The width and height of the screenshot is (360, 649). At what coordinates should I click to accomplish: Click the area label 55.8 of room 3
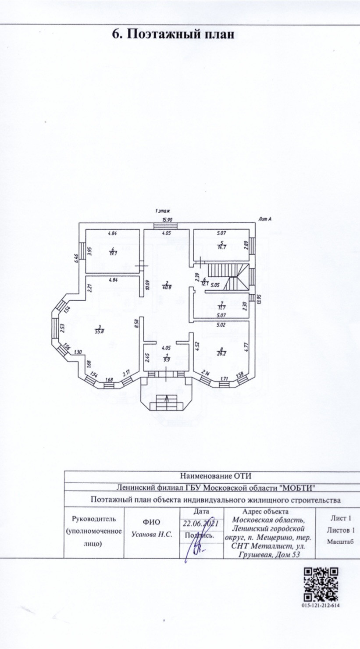point(100,332)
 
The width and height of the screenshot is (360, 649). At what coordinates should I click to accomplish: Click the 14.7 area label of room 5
point(222,247)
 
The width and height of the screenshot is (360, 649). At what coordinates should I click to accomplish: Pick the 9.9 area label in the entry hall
point(167,359)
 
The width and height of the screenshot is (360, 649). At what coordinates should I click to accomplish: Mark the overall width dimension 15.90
point(167,220)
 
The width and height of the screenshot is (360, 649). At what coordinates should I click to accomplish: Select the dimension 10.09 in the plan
point(148,285)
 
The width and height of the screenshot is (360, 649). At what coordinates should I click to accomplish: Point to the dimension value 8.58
point(137,324)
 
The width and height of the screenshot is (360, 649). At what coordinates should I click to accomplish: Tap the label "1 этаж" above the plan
point(162,211)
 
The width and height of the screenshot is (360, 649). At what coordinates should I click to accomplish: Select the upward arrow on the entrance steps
point(167,399)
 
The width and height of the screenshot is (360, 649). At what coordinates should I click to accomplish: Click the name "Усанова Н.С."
point(152,535)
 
